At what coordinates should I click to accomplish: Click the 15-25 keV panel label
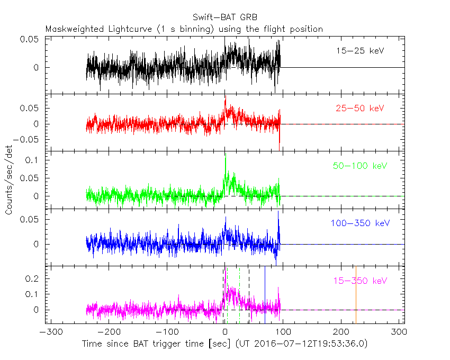tap(360, 51)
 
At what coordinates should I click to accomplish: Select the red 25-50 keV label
tap(360, 109)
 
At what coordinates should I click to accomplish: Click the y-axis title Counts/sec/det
tap(9, 181)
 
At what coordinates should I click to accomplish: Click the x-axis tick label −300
tap(49, 332)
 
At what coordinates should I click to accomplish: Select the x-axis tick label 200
tap(341, 332)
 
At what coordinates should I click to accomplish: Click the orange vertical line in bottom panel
tap(356, 294)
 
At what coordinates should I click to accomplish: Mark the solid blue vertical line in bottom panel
tap(265, 294)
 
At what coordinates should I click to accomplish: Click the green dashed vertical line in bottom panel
tap(239, 294)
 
